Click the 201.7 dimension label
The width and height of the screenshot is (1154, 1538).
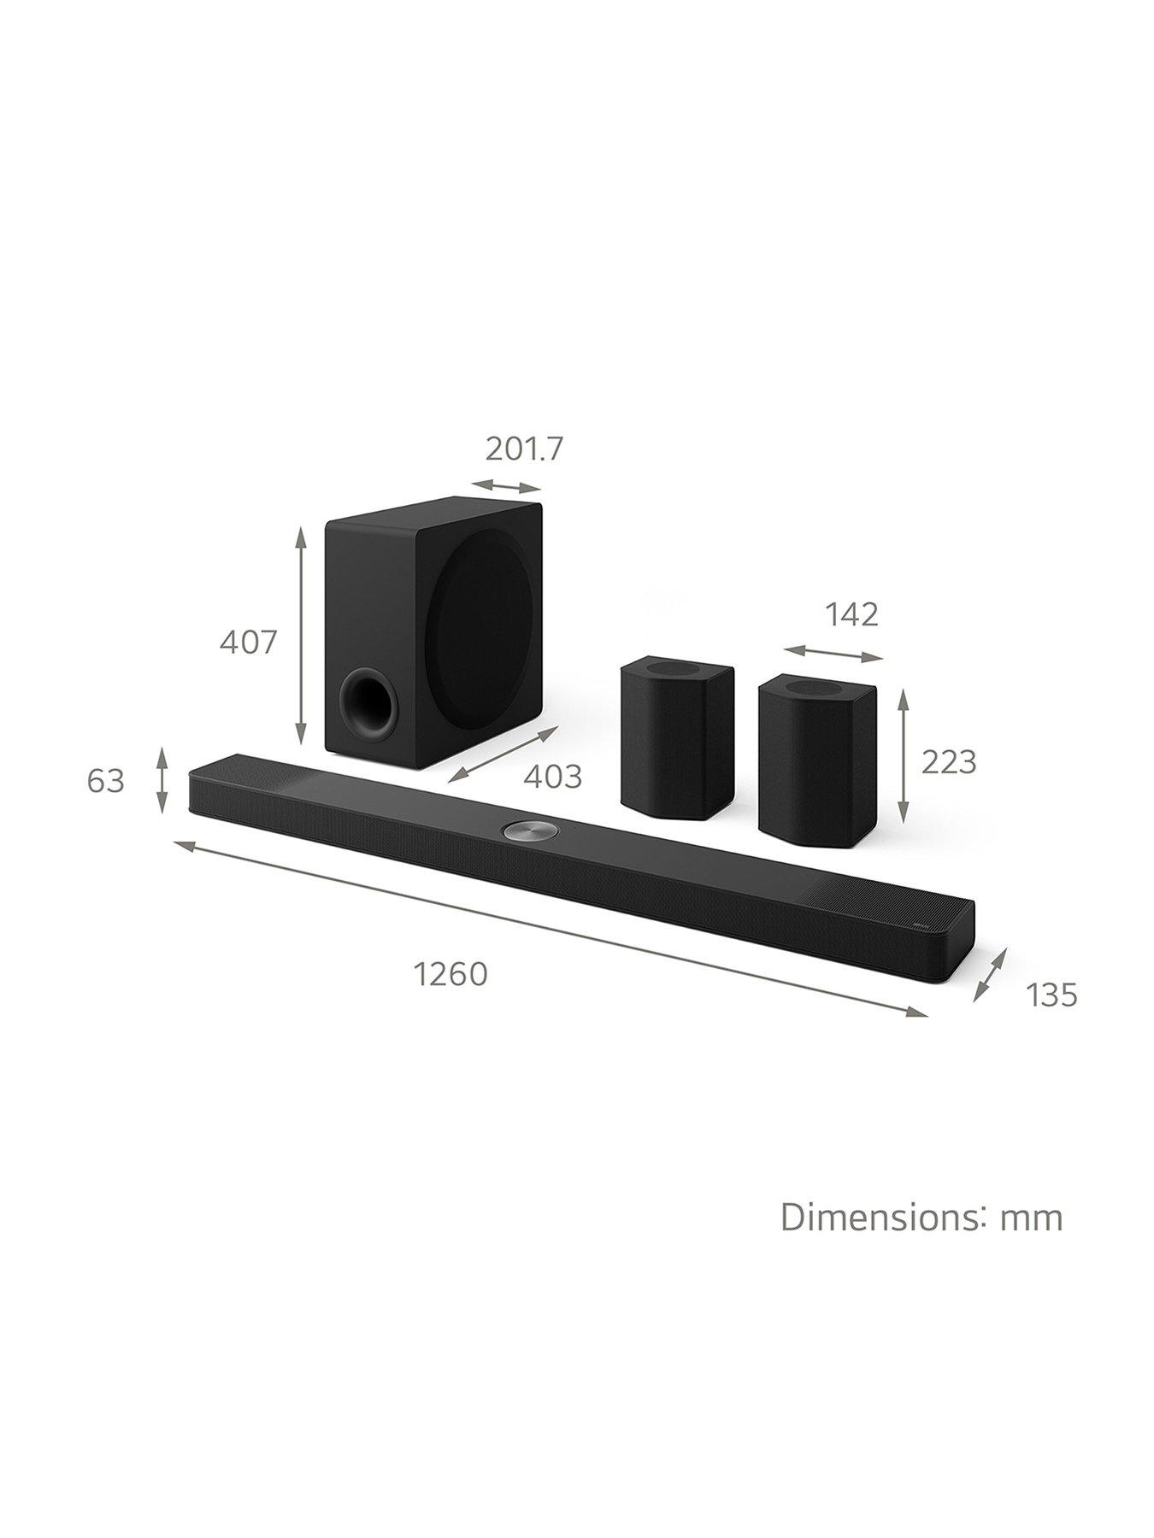(x=525, y=449)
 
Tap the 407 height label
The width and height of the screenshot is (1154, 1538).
(x=249, y=642)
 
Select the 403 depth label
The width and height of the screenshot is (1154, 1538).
(x=552, y=777)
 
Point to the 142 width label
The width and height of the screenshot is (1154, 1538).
(x=851, y=614)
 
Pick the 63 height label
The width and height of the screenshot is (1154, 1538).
(x=106, y=781)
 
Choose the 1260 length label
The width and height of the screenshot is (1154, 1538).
(x=450, y=973)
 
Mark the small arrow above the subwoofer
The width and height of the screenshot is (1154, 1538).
(x=513, y=485)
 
